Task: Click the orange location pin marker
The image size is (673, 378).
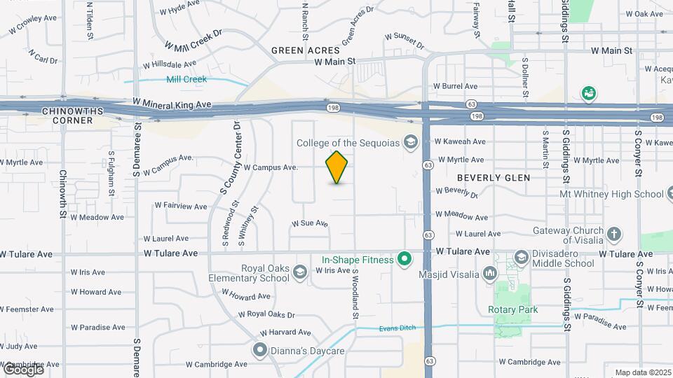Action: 336,167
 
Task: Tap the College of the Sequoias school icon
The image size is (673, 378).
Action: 410,143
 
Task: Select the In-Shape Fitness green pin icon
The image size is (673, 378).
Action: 405,260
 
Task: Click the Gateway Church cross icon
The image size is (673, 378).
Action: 614,235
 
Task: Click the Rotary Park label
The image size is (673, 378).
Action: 513,309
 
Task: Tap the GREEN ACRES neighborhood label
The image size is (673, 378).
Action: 306,50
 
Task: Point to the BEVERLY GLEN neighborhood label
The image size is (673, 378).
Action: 494,178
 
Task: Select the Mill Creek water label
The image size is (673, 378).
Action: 186,79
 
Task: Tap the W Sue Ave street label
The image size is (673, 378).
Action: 310,223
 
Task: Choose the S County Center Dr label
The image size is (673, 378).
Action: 230,157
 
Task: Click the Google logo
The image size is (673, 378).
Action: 23,369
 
